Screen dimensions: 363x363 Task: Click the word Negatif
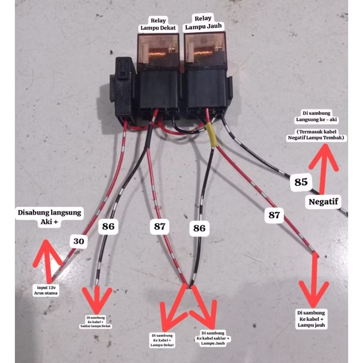323,202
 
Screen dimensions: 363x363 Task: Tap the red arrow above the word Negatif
323,167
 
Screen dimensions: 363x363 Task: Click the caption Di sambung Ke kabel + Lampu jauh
311,319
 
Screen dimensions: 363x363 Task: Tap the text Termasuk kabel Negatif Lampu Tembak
316,135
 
